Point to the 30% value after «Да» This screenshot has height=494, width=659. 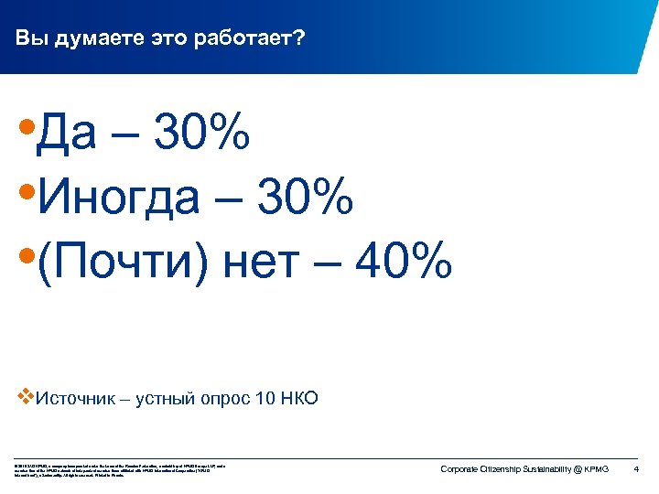tap(202, 135)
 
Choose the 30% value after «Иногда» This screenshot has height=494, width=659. tap(305, 199)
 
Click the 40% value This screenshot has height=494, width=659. tap(404, 263)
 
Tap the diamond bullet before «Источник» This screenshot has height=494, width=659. tap(25, 397)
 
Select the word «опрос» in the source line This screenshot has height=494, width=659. tap(218, 398)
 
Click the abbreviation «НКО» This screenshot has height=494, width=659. tap(299, 398)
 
